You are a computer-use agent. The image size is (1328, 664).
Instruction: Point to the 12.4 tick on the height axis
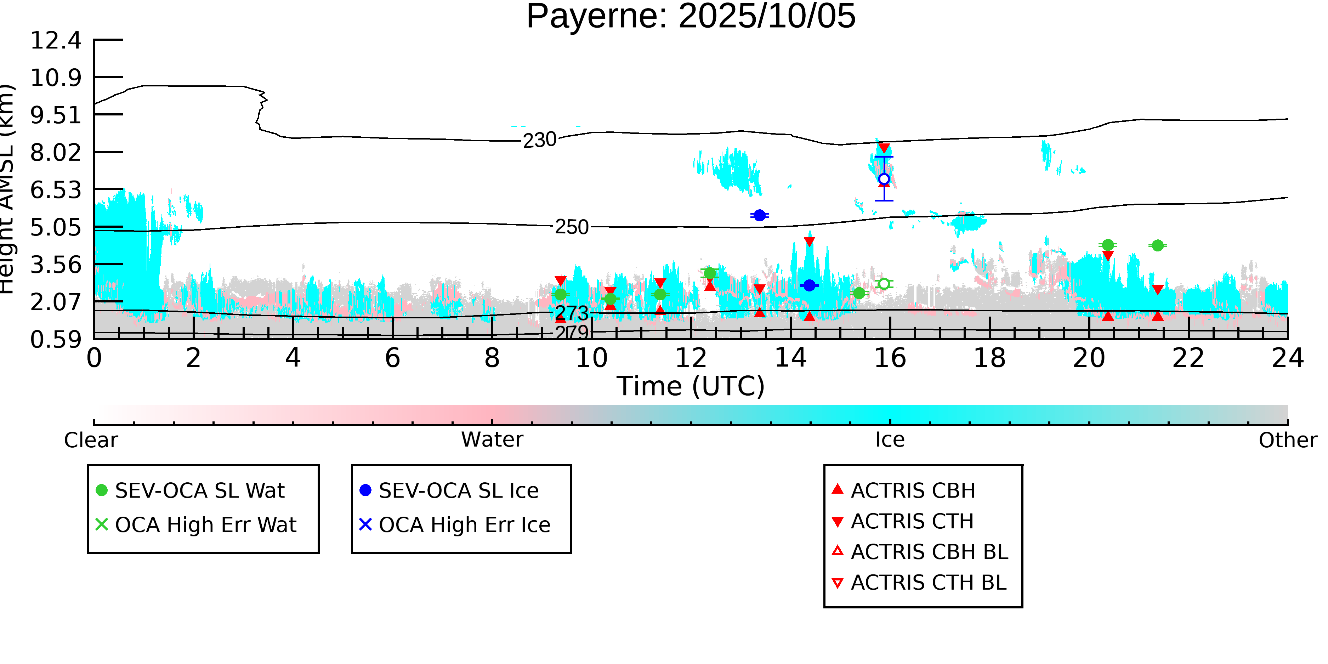pyautogui.click(x=56, y=40)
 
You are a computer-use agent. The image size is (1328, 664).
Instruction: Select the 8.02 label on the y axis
pyautogui.click(x=56, y=153)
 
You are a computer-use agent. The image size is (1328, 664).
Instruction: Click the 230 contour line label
pyautogui.click(x=539, y=140)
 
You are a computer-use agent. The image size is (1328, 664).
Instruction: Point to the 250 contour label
pyautogui.click(x=571, y=227)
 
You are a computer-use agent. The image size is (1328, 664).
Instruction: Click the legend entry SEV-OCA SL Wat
pyautogui.click(x=199, y=490)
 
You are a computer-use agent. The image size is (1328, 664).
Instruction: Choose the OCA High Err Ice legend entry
pyautogui.click(x=464, y=525)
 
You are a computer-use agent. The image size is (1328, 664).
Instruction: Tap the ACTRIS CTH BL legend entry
pyautogui.click(x=928, y=583)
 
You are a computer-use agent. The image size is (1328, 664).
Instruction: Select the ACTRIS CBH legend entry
pyautogui.click(x=913, y=490)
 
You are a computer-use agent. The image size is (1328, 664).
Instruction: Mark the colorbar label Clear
pyautogui.click(x=91, y=440)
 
